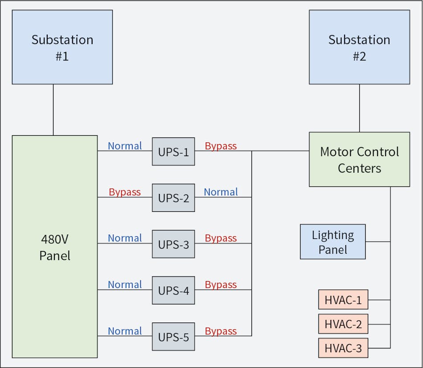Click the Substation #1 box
pos(62,47)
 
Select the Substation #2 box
pos(359,47)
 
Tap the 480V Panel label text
pos(55,247)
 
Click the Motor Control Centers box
pos(359,159)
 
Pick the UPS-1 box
pos(173,152)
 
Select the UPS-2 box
pos(173,198)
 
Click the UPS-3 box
pos(173,244)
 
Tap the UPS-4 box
pos(173,291)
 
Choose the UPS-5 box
pos(173,337)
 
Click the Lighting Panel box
pos(333,242)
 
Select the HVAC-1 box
pos(343,299)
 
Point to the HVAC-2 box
pos(343,324)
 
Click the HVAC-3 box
pos(343,348)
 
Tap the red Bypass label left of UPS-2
pos(125,192)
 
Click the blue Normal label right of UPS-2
pos(221,192)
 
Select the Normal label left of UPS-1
pos(125,146)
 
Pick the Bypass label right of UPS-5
pos(221,331)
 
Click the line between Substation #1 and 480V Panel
pos(53,109)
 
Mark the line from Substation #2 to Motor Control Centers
pos(359,108)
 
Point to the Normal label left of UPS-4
pos(125,285)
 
